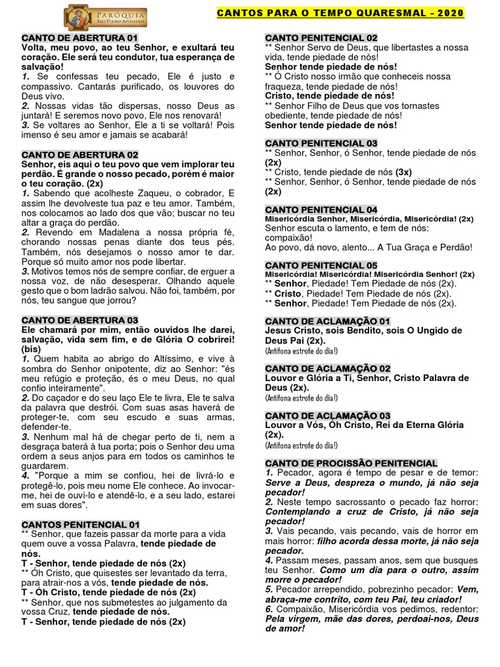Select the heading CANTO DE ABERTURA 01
[79, 38]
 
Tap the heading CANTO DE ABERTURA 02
[79, 154]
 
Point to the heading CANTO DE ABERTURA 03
[79, 320]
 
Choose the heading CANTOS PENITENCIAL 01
[81, 524]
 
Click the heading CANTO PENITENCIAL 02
[321, 38]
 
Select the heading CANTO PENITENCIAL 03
[321, 143]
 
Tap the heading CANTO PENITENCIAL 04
[321, 209]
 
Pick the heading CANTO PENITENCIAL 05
[321, 265]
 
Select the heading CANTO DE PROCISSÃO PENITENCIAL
[351, 462]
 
